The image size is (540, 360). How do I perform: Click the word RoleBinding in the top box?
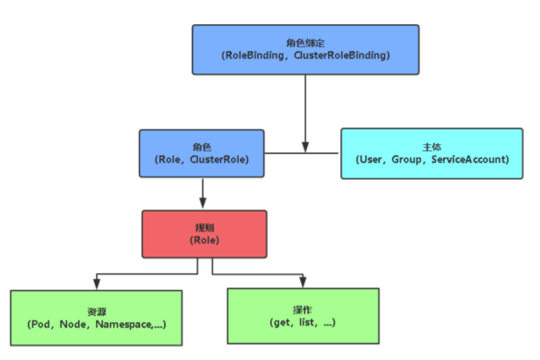pos(254,55)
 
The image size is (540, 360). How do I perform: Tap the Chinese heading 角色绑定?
pos(306,43)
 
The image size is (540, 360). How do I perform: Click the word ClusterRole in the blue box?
pos(218,160)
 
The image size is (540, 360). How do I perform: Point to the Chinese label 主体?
pos(432,147)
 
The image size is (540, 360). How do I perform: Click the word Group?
pos(406,160)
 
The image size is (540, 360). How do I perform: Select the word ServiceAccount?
pos(469,160)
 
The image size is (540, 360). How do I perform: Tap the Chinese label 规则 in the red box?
pos(204,228)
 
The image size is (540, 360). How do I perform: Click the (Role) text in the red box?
pos(204,240)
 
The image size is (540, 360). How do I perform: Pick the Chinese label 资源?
pos(97,312)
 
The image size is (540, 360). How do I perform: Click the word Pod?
pos(40,324)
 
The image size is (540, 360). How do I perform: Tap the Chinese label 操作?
pos(302,310)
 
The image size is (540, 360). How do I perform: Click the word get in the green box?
pos(282,323)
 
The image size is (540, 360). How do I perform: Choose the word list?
pos(306,323)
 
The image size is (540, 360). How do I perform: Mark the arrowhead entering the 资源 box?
pos(97,284)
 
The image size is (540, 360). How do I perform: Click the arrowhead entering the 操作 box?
pos(303,282)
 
